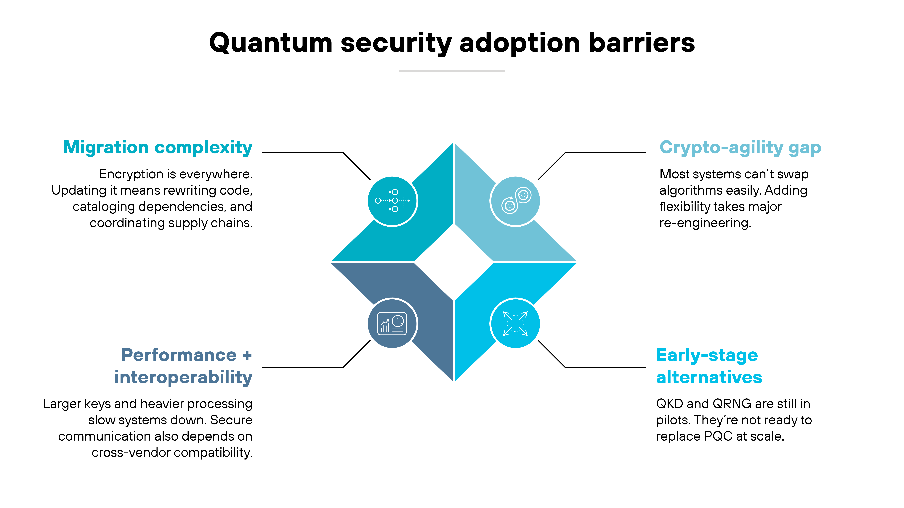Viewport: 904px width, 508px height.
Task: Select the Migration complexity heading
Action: click(158, 147)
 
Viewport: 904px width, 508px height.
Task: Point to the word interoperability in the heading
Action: click(183, 377)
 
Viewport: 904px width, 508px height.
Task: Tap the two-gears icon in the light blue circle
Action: click(516, 201)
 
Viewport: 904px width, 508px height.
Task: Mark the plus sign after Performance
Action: click(247, 356)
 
